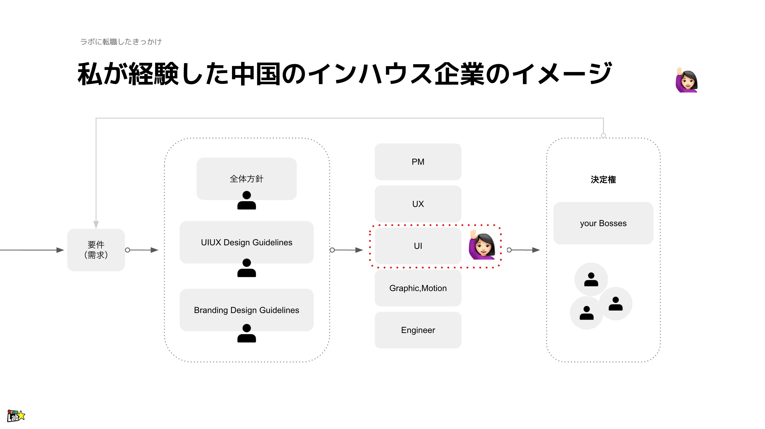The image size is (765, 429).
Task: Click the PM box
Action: click(418, 162)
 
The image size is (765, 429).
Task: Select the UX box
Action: click(418, 204)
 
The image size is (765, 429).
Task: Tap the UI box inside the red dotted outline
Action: click(418, 246)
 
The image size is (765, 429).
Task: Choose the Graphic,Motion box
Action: click(418, 288)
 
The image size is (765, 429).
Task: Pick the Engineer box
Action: click(418, 330)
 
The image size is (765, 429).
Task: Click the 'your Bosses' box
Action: click(603, 223)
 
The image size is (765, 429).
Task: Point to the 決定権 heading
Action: click(603, 179)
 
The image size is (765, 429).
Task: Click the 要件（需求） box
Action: click(96, 250)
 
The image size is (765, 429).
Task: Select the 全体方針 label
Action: click(246, 179)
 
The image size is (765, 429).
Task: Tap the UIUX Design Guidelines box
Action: click(246, 242)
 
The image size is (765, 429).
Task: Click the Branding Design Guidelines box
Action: click(246, 310)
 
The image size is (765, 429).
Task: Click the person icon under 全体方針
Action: click(246, 201)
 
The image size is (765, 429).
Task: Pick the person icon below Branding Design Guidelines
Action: click(246, 333)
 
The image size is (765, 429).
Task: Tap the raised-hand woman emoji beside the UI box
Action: click(482, 245)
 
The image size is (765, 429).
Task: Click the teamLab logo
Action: click(16, 416)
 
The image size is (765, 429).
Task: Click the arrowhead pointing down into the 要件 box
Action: click(96, 224)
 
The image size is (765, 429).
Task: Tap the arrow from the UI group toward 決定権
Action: click(524, 250)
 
